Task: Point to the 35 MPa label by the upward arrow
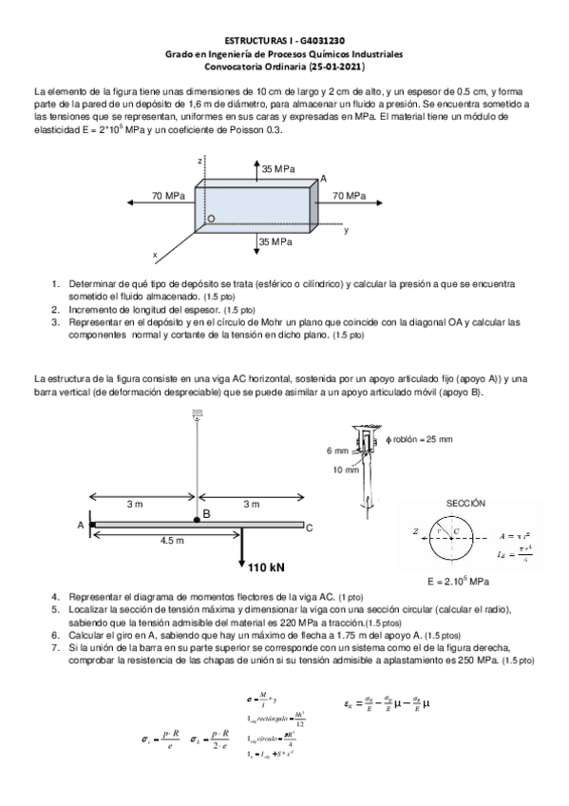pyautogui.click(x=277, y=168)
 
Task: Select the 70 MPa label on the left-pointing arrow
pyautogui.click(x=168, y=195)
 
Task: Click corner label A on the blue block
pyautogui.click(x=323, y=179)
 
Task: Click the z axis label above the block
pyautogui.click(x=199, y=161)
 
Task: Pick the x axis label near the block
pyautogui.click(x=154, y=255)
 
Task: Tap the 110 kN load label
pyautogui.click(x=267, y=568)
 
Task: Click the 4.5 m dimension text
pyautogui.click(x=172, y=540)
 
